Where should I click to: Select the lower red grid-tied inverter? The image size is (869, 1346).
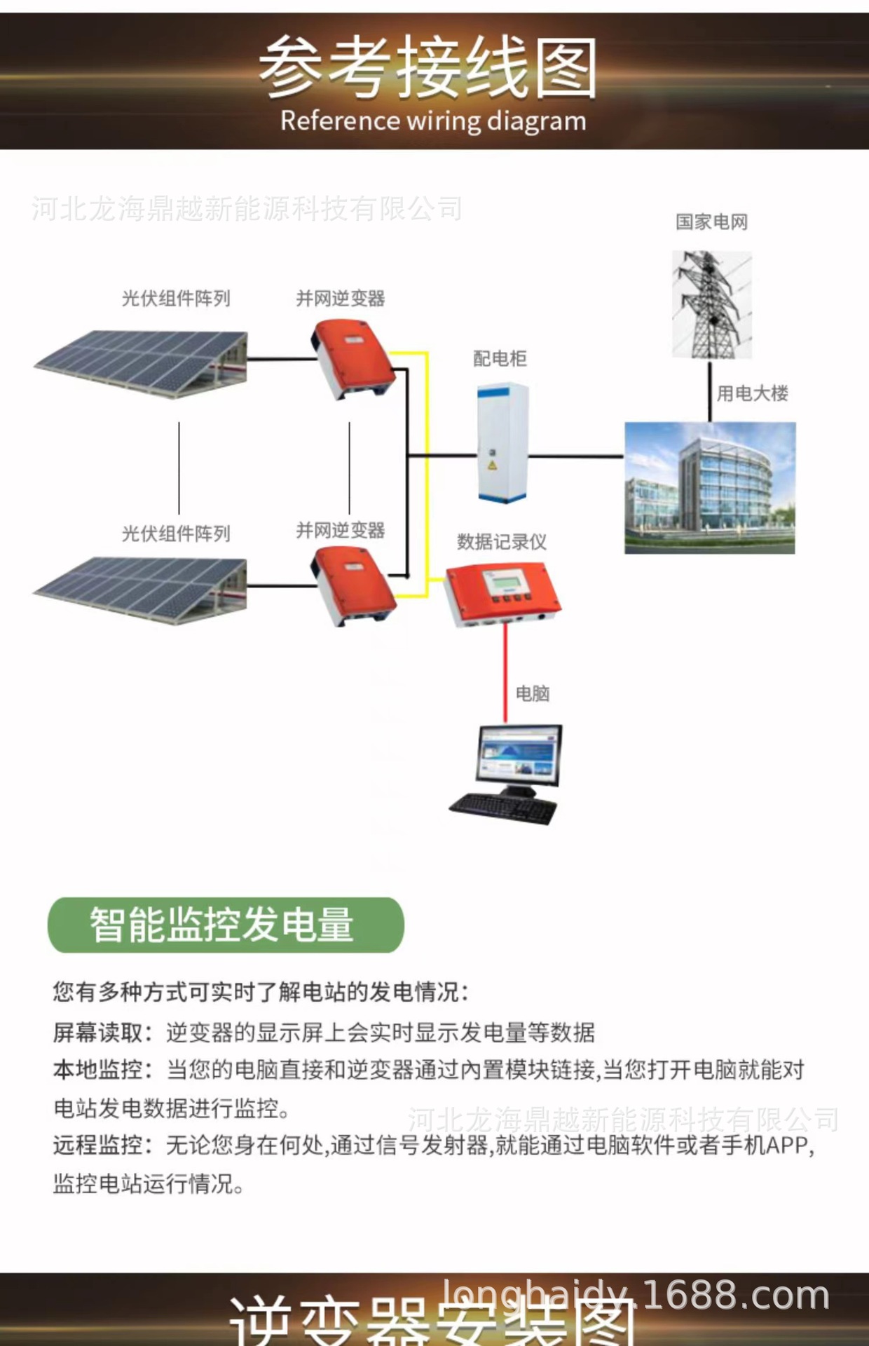[353, 586]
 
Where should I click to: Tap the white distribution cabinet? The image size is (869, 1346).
[502, 442]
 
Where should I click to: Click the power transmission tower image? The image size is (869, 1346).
[711, 306]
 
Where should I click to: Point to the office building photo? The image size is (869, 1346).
[710, 488]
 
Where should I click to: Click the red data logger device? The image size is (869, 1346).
[501, 593]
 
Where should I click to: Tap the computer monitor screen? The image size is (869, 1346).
[519, 756]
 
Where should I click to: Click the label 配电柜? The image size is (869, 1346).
[500, 359]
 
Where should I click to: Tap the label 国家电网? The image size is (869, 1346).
[711, 222]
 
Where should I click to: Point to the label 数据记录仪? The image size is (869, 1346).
[502, 542]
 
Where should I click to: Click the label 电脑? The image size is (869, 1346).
[533, 694]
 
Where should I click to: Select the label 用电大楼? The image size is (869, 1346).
[752, 393]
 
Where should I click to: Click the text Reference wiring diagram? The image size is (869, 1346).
[433, 121]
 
